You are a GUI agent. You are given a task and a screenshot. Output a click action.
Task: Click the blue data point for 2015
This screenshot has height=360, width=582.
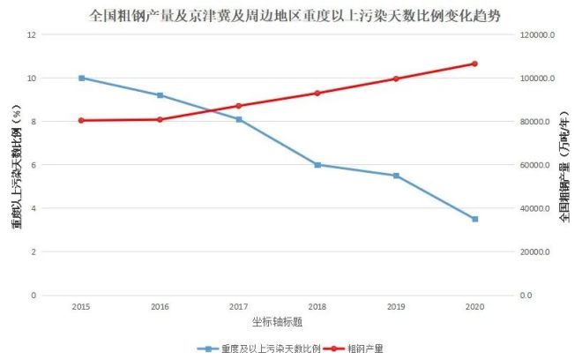[x=81, y=78]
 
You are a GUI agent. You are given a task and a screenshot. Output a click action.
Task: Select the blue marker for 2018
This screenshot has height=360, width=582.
[x=317, y=165]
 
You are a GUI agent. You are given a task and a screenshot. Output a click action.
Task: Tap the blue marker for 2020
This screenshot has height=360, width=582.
[x=474, y=219]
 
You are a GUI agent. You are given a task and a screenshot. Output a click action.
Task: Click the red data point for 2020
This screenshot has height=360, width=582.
[x=474, y=64]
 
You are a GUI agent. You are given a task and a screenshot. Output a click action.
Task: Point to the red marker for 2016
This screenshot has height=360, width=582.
[x=160, y=119]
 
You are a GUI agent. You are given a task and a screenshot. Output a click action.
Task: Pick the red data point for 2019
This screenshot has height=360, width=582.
[x=396, y=79]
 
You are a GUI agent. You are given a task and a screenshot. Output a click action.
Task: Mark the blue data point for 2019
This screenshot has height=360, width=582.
[x=396, y=176]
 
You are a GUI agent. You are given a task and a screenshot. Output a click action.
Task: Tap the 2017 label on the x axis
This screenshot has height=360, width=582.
[x=238, y=306]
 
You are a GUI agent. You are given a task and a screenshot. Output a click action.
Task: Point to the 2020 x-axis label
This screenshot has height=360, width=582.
[x=474, y=306]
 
